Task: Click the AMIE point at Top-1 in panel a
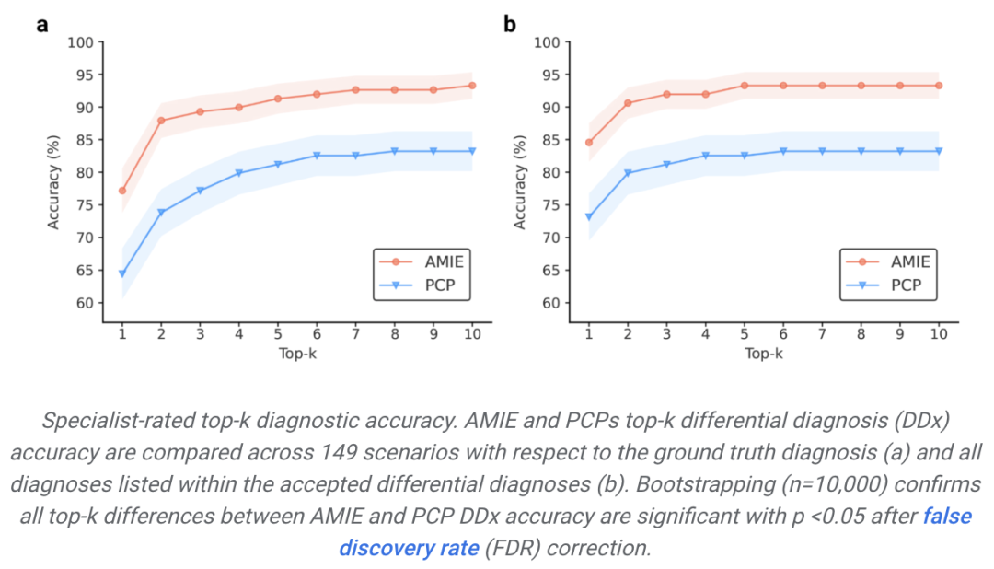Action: [x=121, y=191]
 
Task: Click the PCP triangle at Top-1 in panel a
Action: [x=121, y=273]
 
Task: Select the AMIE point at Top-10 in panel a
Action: [x=472, y=86]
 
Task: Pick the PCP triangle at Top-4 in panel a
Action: [x=238, y=173]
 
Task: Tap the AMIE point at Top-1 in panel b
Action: [x=588, y=143]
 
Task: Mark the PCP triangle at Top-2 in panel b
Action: [x=628, y=173]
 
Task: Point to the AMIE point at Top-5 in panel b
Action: [x=745, y=86]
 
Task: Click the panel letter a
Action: [x=42, y=25]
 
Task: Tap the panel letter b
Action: [x=509, y=25]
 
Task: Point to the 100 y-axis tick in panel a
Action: [x=82, y=42]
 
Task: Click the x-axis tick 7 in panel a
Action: [x=355, y=334]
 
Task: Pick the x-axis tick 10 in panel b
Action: [x=939, y=334]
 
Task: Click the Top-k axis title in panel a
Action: [x=296, y=354]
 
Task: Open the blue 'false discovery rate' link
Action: [x=654, y=531]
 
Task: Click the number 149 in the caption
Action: [x=338, y=454]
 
